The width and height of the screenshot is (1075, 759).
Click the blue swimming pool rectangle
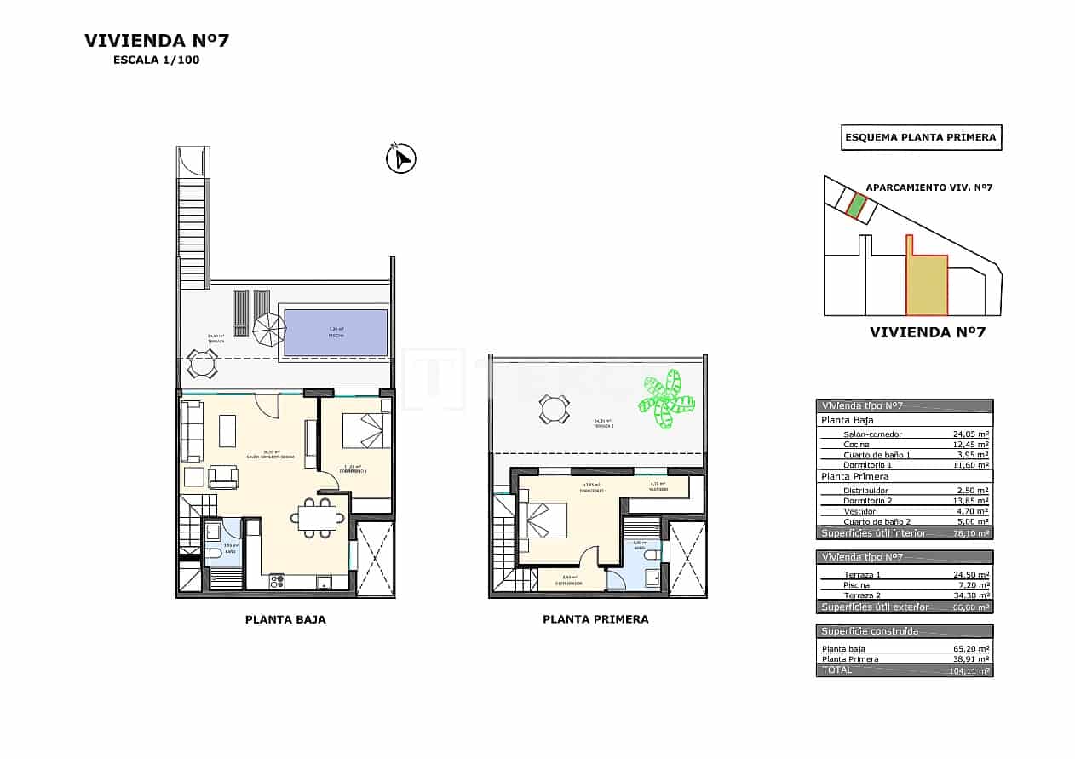[x=335, y=332]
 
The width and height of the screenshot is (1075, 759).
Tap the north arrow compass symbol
[x=400, y=159]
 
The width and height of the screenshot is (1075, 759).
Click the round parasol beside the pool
[x=270, y=329]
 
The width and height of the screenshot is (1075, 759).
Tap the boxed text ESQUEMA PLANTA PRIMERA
[x=921, y=137]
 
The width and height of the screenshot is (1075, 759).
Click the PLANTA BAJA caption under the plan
[x=285, y=620]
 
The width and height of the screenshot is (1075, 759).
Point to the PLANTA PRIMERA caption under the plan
[x=595, y=620]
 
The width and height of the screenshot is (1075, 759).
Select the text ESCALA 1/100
[x=156, y=60]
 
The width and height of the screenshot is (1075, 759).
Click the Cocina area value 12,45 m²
[x=970, y=445]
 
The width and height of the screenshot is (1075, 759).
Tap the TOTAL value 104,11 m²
[x=969, y=671]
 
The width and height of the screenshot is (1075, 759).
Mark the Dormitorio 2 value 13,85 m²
[x=970, y=502]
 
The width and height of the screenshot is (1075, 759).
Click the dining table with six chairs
[x=317, y=517]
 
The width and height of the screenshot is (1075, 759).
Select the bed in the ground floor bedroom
[x=366, y=430]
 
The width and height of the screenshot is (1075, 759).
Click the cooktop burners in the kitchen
[x=277, y=583]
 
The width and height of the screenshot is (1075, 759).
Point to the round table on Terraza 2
[x=554, y=410]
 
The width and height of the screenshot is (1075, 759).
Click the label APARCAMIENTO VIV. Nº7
[x=929, y=187]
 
